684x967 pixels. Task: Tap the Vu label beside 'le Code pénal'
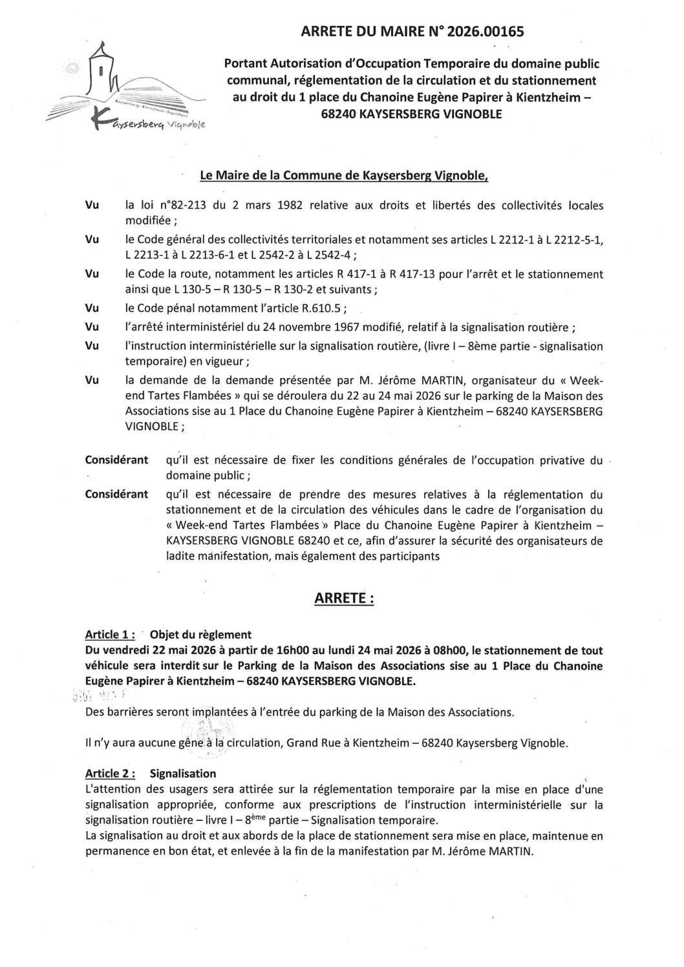92,308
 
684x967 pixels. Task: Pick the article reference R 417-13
409,274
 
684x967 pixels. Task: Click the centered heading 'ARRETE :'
343,599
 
